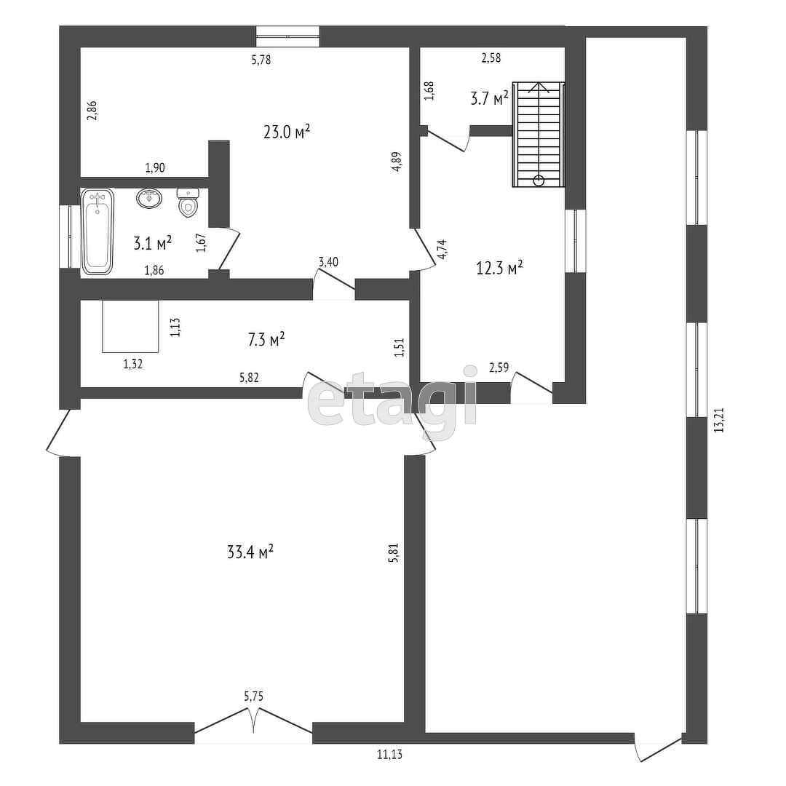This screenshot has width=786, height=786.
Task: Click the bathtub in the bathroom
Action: tap(98, 231)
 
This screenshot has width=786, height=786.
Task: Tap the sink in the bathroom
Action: tap(149, 197)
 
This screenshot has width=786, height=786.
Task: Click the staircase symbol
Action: tap(539, 135)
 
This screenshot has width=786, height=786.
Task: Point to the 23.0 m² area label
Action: tap(287, 131)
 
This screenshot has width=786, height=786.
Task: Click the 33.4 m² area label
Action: tap(250, 552)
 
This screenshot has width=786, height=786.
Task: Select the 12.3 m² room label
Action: tap(499, 268)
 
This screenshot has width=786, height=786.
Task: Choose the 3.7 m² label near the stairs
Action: tap(489, 98)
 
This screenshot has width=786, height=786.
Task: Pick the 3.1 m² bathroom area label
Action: tap(152, 242)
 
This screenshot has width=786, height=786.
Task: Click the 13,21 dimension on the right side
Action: tap(719, 421)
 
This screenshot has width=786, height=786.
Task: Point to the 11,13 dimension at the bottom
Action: tap(389, 754)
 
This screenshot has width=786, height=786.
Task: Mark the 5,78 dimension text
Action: tap(261, 60)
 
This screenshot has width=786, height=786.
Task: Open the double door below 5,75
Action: tap(253, 728)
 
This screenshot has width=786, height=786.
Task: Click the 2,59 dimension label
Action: tap(499, 368)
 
